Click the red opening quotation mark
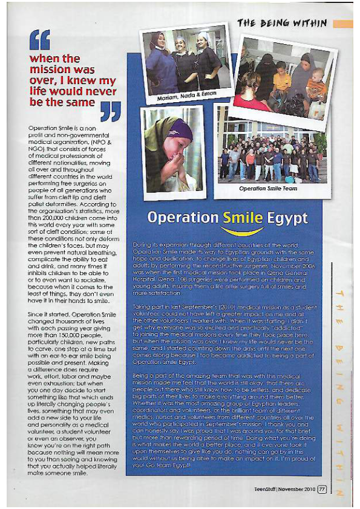[39, 41]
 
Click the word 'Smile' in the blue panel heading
[243, 218]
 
